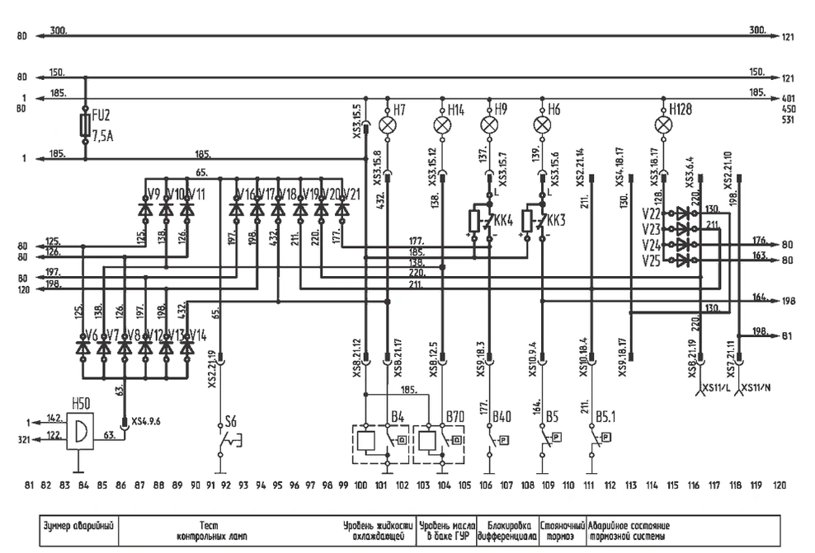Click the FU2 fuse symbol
point(85,124)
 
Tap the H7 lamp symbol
point(389,124)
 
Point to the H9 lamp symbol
point(490,124)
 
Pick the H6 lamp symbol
point(542,124)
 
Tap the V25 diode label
point(650,260)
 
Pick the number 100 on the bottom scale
point(360,485)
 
